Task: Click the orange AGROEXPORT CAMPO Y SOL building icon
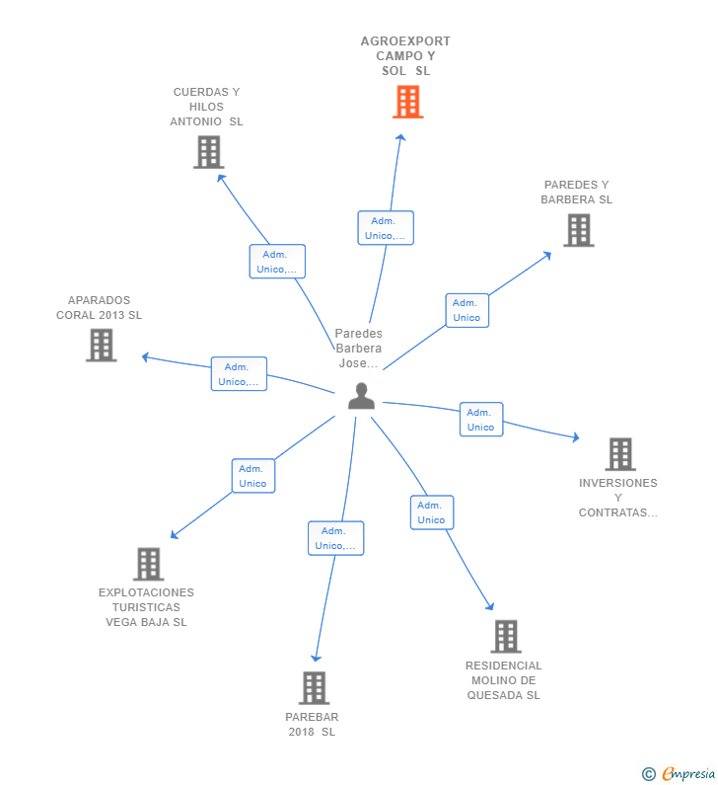407,102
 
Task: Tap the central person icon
361,396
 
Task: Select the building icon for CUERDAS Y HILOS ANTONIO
208,152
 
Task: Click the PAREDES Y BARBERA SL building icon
579,230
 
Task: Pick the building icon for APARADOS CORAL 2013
101,345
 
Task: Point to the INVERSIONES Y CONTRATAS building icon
620,454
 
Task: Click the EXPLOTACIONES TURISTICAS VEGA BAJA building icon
149,564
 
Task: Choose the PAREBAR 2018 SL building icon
314,688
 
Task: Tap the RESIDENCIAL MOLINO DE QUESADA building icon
506,636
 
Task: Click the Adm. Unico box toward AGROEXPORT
386,228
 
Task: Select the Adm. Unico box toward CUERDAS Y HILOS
277,262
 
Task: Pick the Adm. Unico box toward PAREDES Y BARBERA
467,310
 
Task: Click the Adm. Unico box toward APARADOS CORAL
239,374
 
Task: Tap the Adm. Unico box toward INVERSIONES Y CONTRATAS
481,420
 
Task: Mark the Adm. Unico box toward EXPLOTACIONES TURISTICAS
253,476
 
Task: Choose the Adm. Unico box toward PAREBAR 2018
335,538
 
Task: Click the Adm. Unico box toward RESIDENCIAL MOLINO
432,512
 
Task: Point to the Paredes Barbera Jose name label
358,349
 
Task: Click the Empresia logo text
688,774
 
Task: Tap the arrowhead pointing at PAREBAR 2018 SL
316,658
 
